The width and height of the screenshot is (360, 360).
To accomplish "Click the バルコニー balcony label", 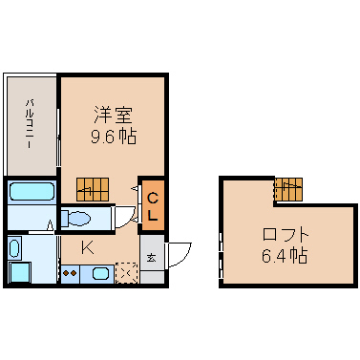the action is click(x=31, y=124).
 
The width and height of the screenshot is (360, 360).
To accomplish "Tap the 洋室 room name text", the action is click(x=113, y=115).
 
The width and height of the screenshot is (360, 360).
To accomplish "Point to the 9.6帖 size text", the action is click(x=114, y=137).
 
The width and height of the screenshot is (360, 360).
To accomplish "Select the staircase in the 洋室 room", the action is click(x=93, y=189).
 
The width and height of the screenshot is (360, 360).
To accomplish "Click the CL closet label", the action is click(x=153, y=208).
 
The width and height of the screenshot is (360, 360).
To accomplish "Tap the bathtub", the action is click(x=32, y=191).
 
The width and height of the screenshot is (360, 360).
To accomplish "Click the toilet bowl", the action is click(x=79, y=219).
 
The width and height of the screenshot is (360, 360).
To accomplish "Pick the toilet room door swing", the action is click(x=125, y=217).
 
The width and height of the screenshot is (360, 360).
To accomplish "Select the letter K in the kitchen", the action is click(x=87, y=247).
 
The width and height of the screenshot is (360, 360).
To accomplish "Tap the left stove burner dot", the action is click(x=67, y=273).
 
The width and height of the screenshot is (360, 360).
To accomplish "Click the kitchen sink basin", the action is click(x=101, y=273).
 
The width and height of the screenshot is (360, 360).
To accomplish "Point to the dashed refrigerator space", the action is click(x=127, y=272).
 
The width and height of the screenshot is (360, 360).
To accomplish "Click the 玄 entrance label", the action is click(x=152, y=258).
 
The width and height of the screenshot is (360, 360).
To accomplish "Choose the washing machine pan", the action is click(x=20, y=272).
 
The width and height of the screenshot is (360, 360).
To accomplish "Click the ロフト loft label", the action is click(x=286, y=235).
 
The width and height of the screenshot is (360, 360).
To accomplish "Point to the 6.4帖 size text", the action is click(x=285, y=255).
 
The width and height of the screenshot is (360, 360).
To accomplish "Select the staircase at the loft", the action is click(x=288, y=189).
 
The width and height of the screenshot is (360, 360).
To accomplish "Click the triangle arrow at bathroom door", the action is click(x=50, y=224).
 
